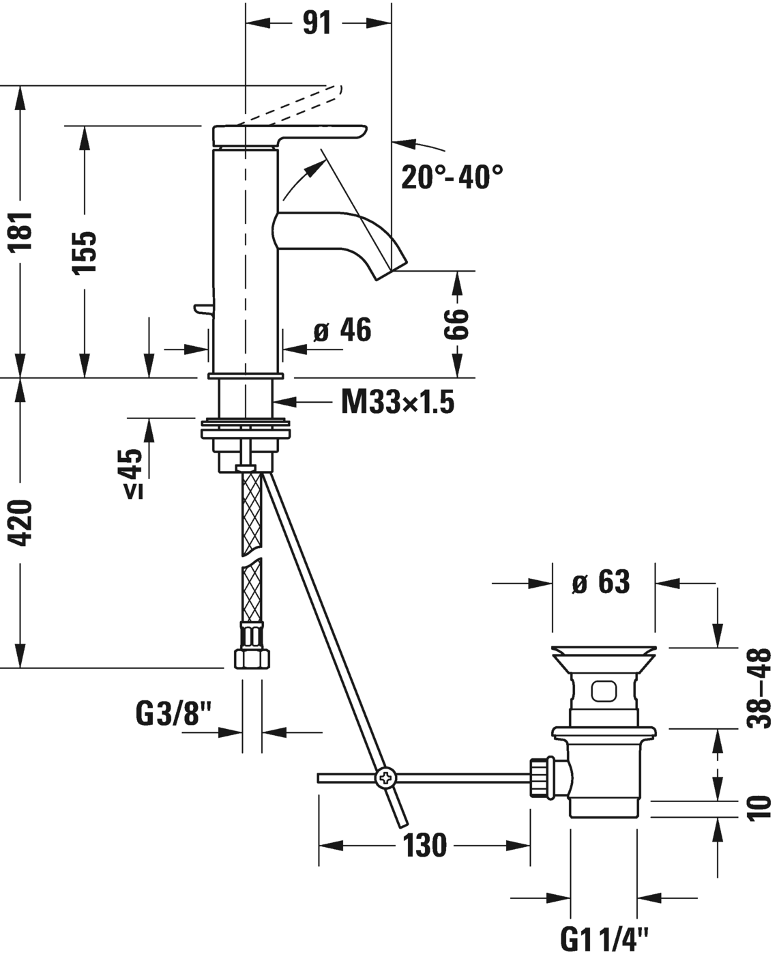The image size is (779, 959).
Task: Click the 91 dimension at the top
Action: pos(317,23)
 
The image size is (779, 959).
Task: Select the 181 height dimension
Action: pos(23,232)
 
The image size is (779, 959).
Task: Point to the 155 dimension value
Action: pos(85,252)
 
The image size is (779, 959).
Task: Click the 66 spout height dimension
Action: pos(456,324)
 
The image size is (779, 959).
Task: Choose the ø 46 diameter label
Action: pos(342,331)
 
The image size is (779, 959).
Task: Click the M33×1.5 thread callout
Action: pos(398,403)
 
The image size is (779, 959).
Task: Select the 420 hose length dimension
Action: pos(23,523)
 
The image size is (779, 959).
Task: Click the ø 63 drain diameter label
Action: pos(601,582)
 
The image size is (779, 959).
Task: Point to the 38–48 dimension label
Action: pos(759,688)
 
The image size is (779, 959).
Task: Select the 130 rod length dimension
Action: pos(424,846)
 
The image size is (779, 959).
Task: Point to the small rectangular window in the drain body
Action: pos(602,692)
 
